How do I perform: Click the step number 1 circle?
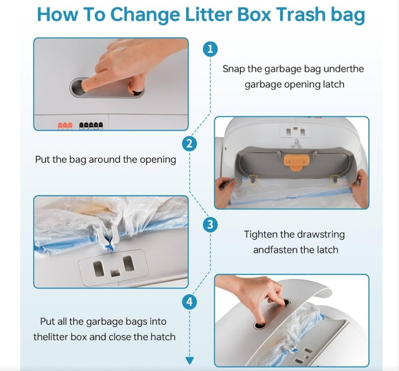[x=210, y=49]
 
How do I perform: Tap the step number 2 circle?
[x=189, y=144]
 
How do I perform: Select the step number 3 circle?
[x=210, y=225]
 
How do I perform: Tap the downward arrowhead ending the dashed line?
[x=190, y=361]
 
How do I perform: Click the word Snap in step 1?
[x=234, y=69]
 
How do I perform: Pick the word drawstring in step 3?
[x=321, y=234]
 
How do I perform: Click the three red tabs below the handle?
[x=65, y=126]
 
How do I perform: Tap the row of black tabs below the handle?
[x=91, y=126]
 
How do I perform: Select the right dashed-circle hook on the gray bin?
[x=335, y=180]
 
